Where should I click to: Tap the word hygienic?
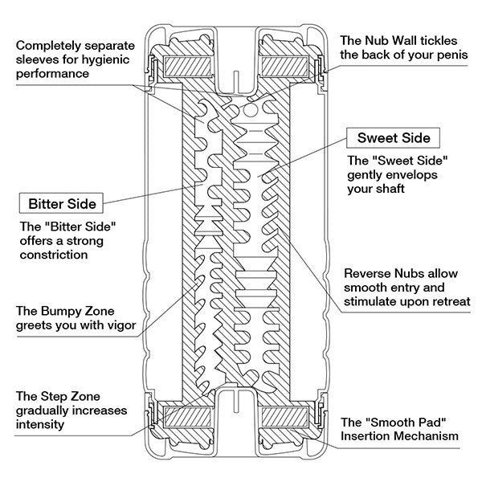[x=103, y=59]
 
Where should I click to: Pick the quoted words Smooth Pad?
[x=411, y=422]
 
